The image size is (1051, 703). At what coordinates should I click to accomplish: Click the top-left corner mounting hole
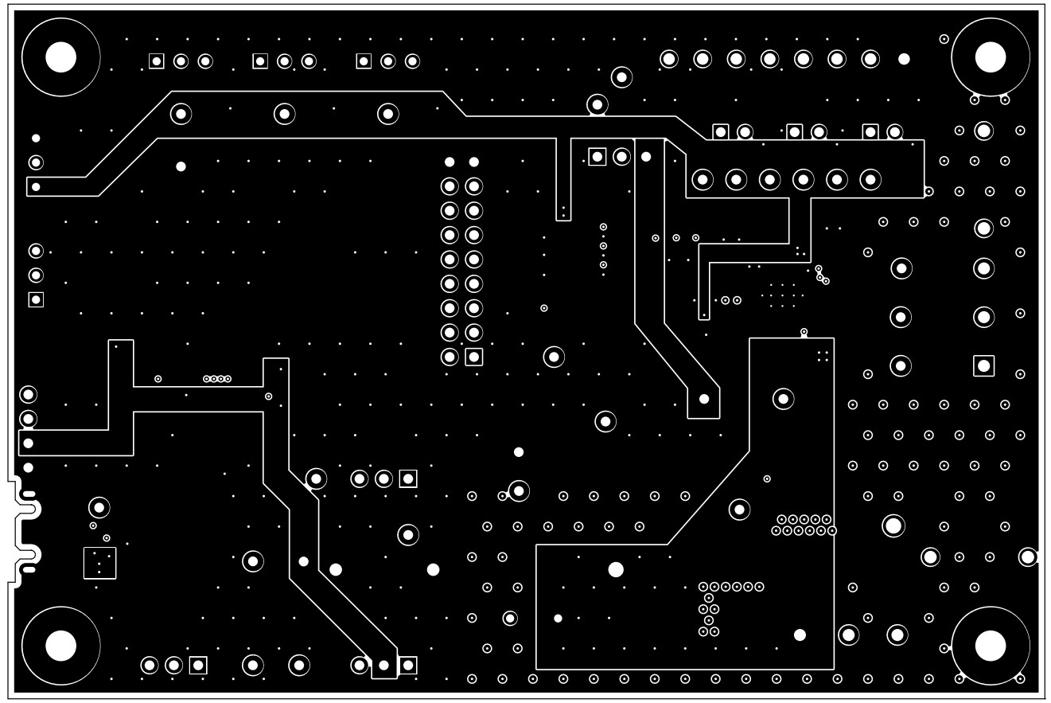point(60,57)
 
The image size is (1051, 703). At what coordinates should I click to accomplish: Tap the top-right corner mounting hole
point(991,57)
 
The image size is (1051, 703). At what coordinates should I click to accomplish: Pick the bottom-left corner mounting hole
point(60,645)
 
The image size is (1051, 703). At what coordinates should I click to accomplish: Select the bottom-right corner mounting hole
point(991,645)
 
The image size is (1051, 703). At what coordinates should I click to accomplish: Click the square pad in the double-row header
point(474,356)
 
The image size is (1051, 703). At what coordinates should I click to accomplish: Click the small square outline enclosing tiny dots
point(99,563)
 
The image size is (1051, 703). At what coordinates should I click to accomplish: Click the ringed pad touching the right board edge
point(1027,557)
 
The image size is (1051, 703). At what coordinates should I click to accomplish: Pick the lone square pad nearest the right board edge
point(984,365)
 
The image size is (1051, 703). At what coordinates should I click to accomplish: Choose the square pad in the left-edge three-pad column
point(36,299)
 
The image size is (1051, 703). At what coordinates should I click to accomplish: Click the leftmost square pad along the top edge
point(157,61)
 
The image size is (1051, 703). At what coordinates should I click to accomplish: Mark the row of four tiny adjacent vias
point(217,378)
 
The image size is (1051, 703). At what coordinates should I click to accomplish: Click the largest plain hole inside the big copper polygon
point(616,569)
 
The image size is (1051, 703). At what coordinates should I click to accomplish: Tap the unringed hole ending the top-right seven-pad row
point(904,59)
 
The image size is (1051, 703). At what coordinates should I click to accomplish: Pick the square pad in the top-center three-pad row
point(598,156)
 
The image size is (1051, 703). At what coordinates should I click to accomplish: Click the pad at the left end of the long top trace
point(35,187)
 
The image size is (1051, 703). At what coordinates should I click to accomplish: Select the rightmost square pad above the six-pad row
point(870,131)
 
